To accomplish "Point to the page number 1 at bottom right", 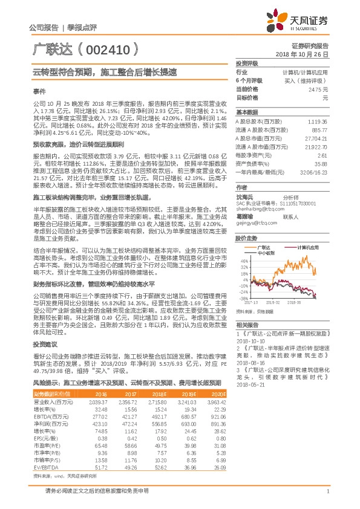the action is (x=327, y=498).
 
